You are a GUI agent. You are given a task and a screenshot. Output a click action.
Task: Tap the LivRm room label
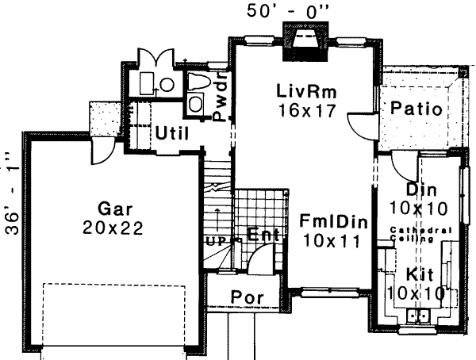pyautogui.click(x=307, y=92)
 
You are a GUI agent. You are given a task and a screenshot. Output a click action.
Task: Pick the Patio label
pyautogui.click(x=416, y=109)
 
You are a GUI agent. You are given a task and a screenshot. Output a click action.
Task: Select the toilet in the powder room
pyautogui.click(x=198, y=83)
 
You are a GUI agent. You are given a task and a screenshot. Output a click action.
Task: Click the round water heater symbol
pyautogui.click(x=167, y=82)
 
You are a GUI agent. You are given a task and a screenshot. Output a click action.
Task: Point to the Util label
pyautogui.click(x=171, y=132)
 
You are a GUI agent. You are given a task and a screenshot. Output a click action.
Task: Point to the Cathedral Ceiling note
pyautogui.click(x=421, y=233)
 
